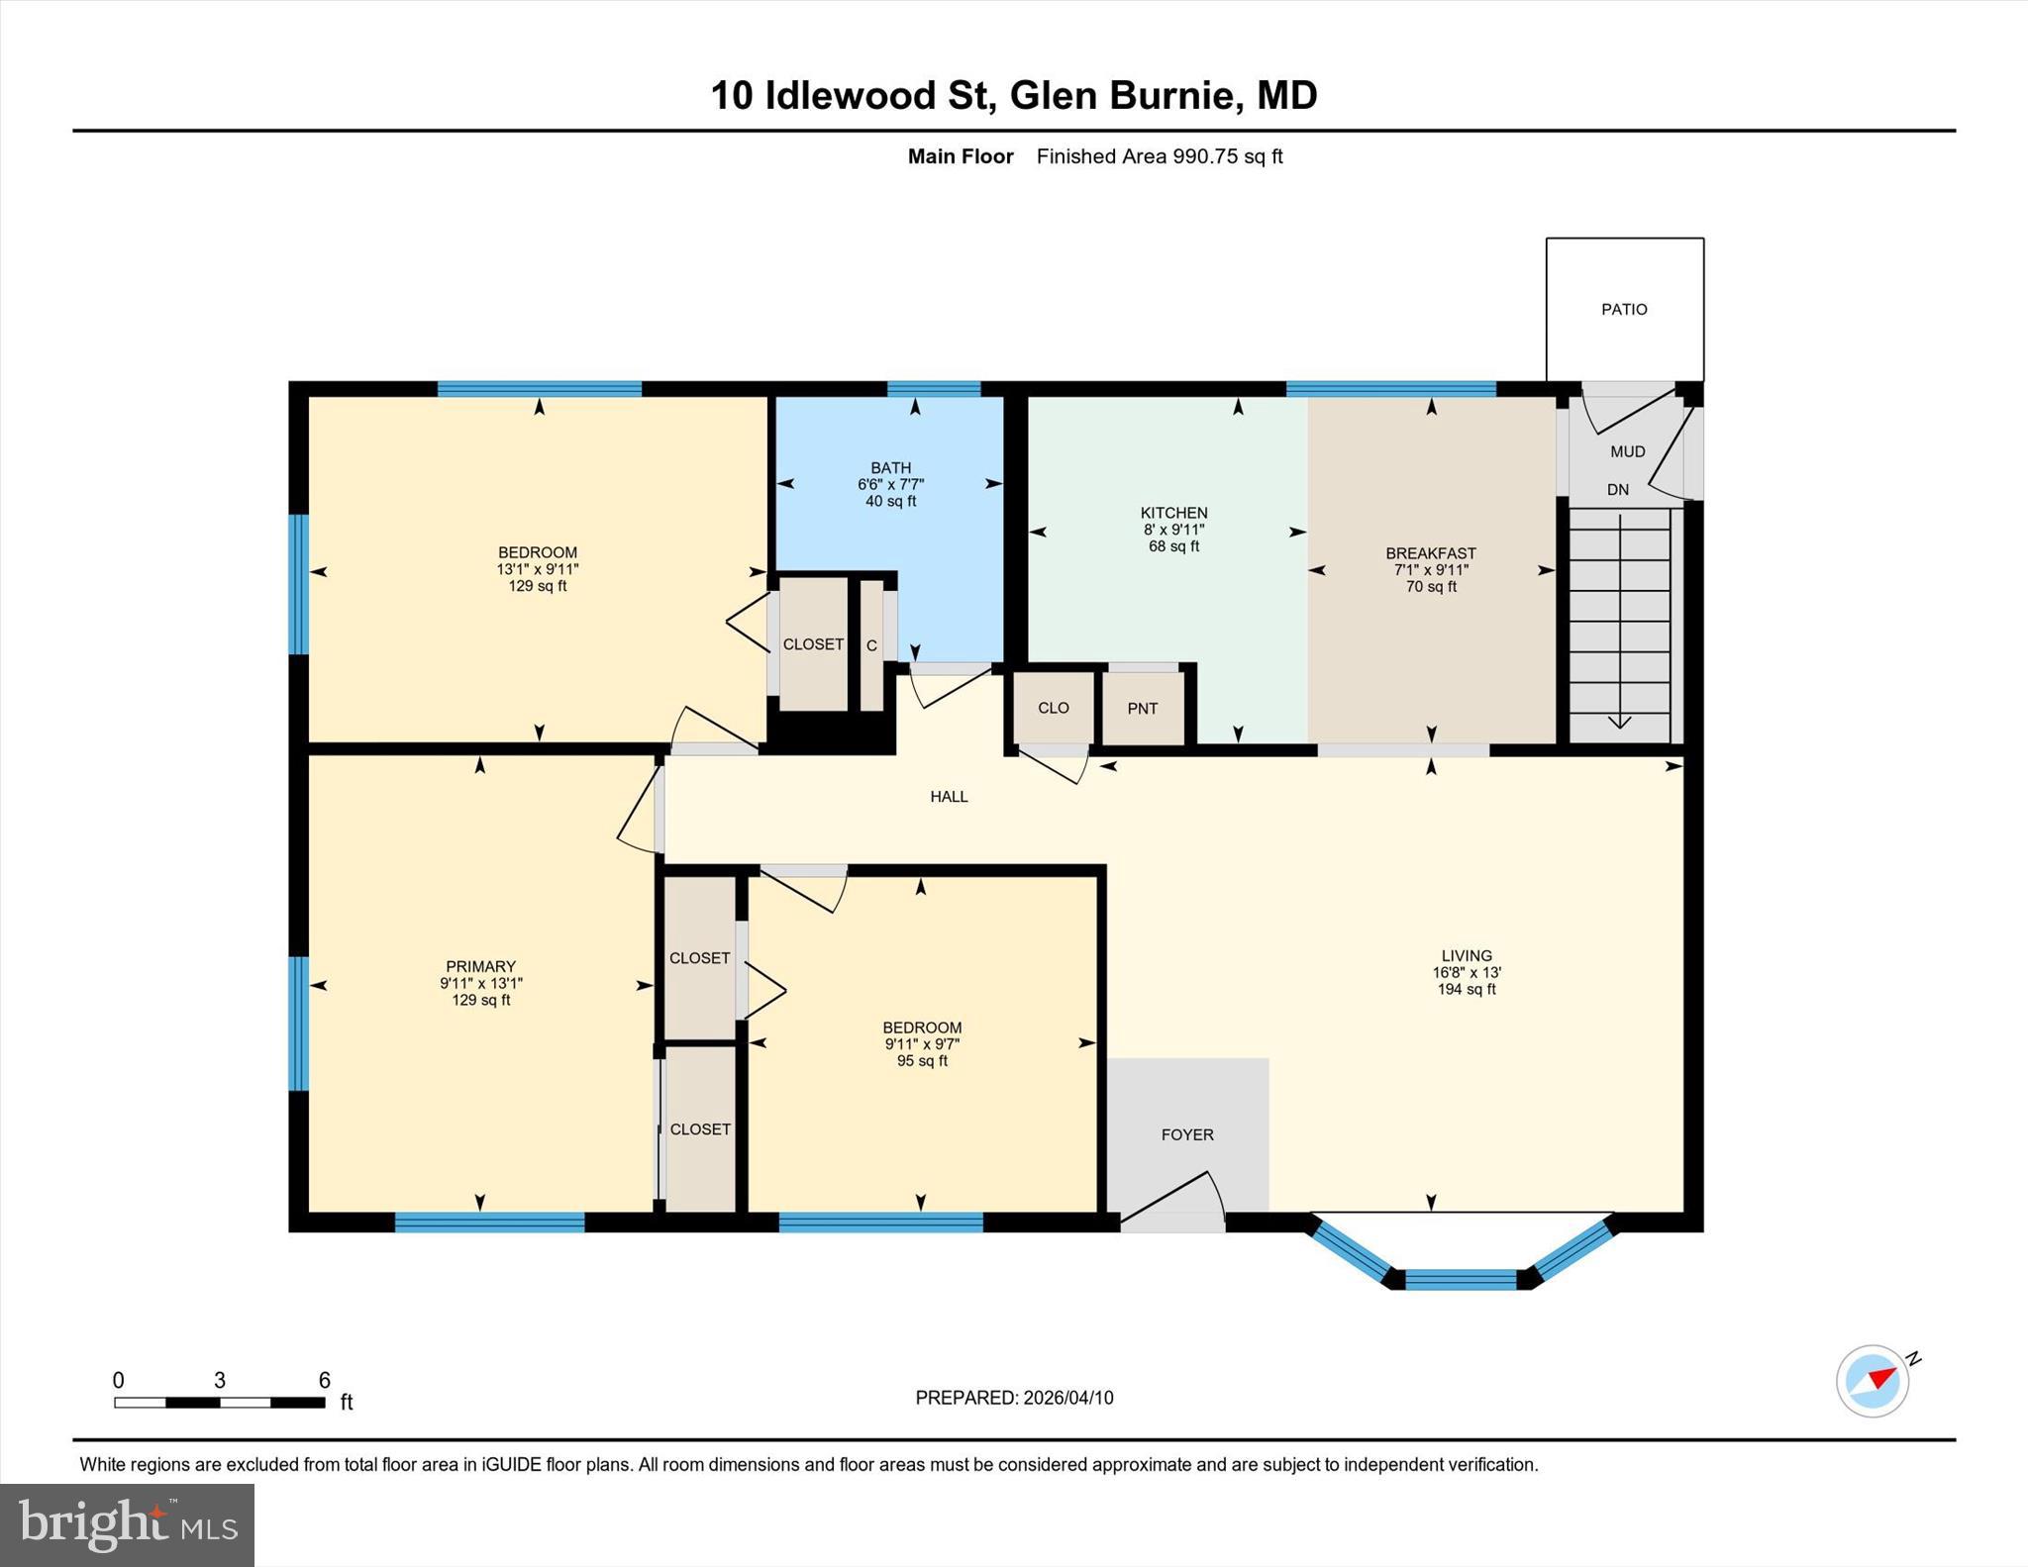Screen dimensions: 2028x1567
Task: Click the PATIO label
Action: (x=1624, y=310)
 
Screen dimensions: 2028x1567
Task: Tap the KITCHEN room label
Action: (x=1173, y=513)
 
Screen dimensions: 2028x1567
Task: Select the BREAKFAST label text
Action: (x=1431, y=553)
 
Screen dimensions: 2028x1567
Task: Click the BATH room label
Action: (x=891, y=468)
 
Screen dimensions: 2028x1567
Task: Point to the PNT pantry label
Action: (x=1143, y=709)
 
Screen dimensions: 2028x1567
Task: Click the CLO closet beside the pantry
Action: (x=1054, y=708)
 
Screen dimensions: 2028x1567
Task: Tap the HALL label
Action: (x=949, y=797)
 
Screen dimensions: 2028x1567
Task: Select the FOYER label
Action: (x=1187, y=1135)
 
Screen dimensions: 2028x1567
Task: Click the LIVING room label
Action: (x=1467, y=956)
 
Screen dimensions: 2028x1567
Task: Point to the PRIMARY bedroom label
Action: (x=480, y=967)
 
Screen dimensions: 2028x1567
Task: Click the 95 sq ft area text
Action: (x=922, y=1061)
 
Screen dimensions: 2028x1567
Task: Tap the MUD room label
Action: (x=1628, y=452)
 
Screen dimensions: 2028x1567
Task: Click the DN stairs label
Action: (x=1618, y=490)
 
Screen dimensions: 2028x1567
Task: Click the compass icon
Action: (x=1873, y=1381)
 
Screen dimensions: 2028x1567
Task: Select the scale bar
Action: (x=220, y=1402)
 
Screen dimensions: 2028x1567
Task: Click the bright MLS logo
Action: (x=127, y=1524)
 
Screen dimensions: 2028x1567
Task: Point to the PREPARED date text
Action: (x=1014, y=1398)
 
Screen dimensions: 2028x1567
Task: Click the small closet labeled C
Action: (x=871, y=646)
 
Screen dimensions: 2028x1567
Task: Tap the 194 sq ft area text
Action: (x=1467, y=989)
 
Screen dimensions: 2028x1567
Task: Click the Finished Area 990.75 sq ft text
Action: (x=1160, y=156)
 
